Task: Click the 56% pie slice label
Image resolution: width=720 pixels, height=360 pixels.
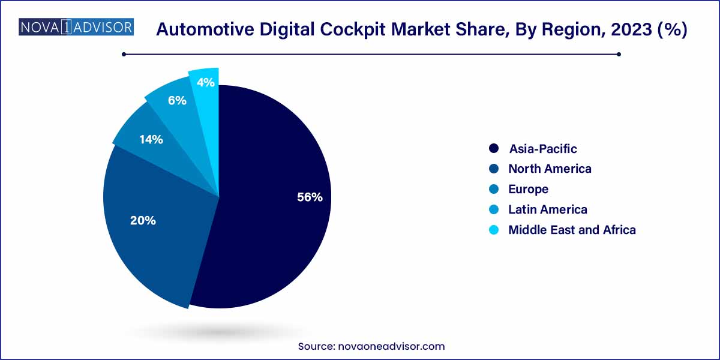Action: pyautogui.click(x=310, y=197)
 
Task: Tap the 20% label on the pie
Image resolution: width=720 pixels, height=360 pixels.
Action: pyautogui.click(x=143, y=220)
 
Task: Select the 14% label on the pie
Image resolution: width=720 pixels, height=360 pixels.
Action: pyautogui.click(x=151, y=140)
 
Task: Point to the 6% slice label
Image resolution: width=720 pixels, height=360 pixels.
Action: pyautogui.click(x=177, y=100)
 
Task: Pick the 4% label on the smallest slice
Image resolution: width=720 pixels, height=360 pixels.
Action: pyautogui.click(x=206, y=83)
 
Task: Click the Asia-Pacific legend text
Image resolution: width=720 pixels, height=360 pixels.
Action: pyautogui.click(x=543, y=148)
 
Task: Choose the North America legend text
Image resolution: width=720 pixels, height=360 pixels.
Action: pyautogui.click(x=550, y=169)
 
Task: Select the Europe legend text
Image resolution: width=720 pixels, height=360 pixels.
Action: pyautogui.click(x=528, y=189)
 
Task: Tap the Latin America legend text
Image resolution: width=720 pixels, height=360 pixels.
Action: pyautogui.click(x=547, y=209)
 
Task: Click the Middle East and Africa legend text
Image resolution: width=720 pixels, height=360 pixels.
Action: pyautogui.click(x=572, y=230)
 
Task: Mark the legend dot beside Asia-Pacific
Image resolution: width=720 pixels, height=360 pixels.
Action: pyautogui.click(x=494, y=148)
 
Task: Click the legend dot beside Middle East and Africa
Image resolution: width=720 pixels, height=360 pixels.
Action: pyautogui.click(x=494, y=230)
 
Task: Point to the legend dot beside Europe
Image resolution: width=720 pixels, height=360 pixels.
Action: pyautogui.click(x=494, y=189)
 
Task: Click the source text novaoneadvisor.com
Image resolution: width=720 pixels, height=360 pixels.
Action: pyautogui.click(x=394, y=346)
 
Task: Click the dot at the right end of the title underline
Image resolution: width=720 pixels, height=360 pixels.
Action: pyautogui.click(x=619, y=54)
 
